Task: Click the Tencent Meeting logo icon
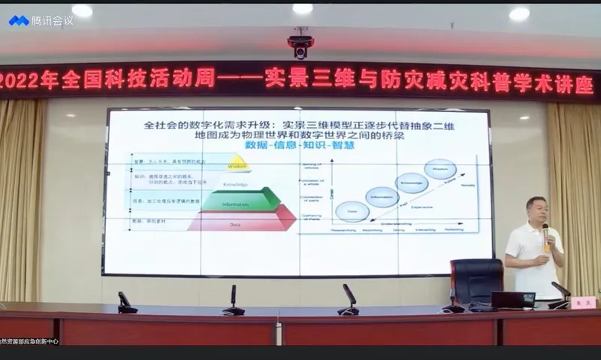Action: click(19, 20)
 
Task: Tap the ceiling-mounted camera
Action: click(300, 47)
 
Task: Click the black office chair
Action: click(476, 282)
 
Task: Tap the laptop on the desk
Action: click(513, 300)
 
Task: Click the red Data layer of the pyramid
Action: click(240, 220)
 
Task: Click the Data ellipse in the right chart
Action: click(352, 212)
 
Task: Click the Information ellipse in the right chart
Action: click(381, 196)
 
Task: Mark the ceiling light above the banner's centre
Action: click(302, 9)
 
